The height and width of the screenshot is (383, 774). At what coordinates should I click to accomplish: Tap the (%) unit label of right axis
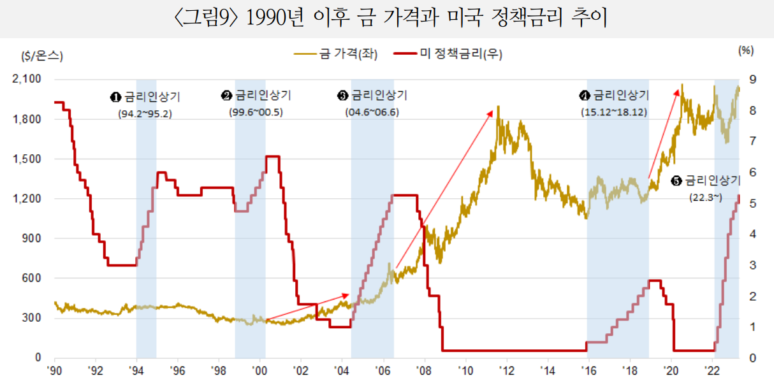coord(745,51)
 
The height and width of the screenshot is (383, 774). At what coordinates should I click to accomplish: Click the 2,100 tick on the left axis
coord(27,80)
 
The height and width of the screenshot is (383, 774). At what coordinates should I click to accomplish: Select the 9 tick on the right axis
coord(753,80)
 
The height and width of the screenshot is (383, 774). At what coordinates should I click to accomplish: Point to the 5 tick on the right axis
coord(753,203)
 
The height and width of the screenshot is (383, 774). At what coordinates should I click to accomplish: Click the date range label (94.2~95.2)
coord(145,114)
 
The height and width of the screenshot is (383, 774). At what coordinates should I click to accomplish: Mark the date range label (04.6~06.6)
coord(372,113)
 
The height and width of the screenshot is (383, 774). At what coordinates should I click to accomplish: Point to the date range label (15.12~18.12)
coord(614,112)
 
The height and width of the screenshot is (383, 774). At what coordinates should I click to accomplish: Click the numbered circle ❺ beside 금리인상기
coord(676,181)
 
